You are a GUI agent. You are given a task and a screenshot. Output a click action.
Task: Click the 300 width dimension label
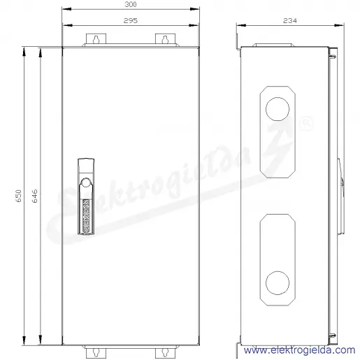click(x=131, y=4)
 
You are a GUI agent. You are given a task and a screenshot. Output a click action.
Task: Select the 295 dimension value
click(x=131, y=20)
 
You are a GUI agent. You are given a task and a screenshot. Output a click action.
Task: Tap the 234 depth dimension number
click(x=290, y=21)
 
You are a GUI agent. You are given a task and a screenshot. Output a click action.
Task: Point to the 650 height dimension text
click(x=19, y=196)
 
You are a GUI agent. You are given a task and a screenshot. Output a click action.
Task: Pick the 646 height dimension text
click(x=34, y=196)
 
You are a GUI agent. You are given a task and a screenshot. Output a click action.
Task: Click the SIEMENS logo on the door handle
click(x=86, y=216)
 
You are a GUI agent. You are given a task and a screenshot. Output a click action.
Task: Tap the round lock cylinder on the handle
click(x=86, y=182)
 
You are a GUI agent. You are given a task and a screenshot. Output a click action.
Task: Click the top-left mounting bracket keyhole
click(x=96, y=40)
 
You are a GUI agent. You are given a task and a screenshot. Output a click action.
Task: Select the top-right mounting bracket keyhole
click(x=165, y=40)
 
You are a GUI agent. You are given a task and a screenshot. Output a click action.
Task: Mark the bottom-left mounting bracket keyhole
click(x=96, y=352)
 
